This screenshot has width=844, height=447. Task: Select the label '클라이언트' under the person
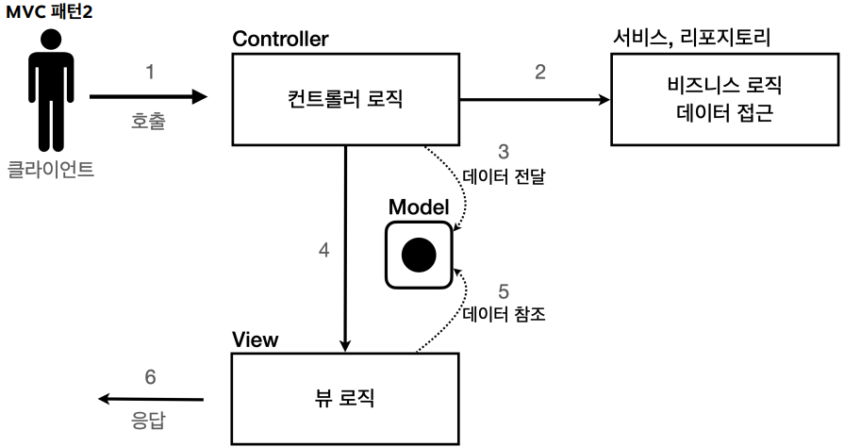(51, 171)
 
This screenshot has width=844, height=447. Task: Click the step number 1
(149, 72)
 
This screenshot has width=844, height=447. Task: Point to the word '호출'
(149, 122)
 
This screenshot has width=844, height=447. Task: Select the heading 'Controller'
(280, 39)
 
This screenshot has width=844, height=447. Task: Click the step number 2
(539, 73)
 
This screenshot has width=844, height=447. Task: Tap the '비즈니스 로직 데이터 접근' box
(722, 99)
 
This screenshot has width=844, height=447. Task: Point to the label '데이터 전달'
(505, 175)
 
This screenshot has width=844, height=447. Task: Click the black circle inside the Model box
(418, 254)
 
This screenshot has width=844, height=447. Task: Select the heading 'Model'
(418, 207)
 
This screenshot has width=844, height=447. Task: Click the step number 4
(323, 251)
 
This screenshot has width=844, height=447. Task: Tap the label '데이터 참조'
(505, 315)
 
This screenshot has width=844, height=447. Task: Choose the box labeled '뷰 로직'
(345, 398)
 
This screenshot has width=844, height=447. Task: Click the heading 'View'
(255, 339)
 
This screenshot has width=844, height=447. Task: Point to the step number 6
(150, 377)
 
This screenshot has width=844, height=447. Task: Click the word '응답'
(150, 416)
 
